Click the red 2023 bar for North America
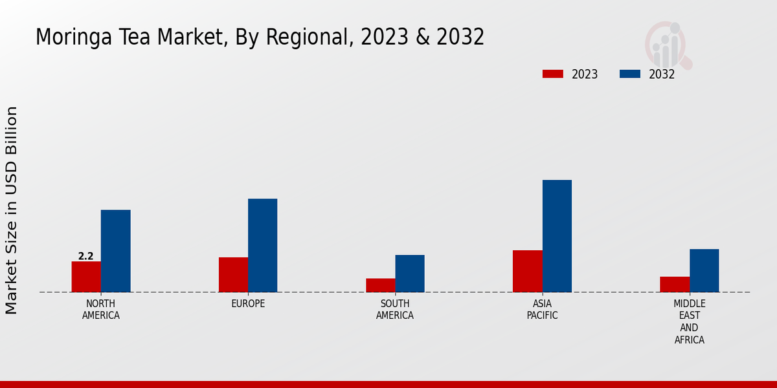pyautogui.click(x=86, y=277)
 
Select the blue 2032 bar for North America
pyautogui.click(x=115, y=251)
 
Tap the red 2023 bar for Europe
pyautogui.click(x=233, y=275)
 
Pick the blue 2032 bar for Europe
pyautogui.click(x=262, y=245)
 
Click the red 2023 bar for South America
pyautogui.click(x=380, y=285)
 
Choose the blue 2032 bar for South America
pyautogui.click(x=410, y=274)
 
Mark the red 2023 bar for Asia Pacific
pyautogui.click(x=527, y=271)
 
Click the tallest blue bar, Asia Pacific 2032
pyautogui.click(x=557, y=236)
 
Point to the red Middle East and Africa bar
pyautogui.click(x=675, y=285)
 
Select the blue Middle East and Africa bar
pyautogui.click(x=704, y=270)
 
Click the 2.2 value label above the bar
pyautogui.click(x=85, y=256)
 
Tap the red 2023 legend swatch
pyautogui.click(x=553, y=74)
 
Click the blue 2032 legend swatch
pyautogui.click(x=630, y=74)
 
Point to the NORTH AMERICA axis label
pyautogui.click(x=101, y=310)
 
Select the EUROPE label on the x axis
pyautogui.click(x=248, y=304)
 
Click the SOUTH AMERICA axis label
pyautogui.click(x=395, y=310)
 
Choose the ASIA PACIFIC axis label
pyautogui.click(x=542, y=310)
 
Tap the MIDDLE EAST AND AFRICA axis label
pyautogui.click(x=690, y=322)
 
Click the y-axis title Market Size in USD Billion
pyautogui.click(x=12, y=210)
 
